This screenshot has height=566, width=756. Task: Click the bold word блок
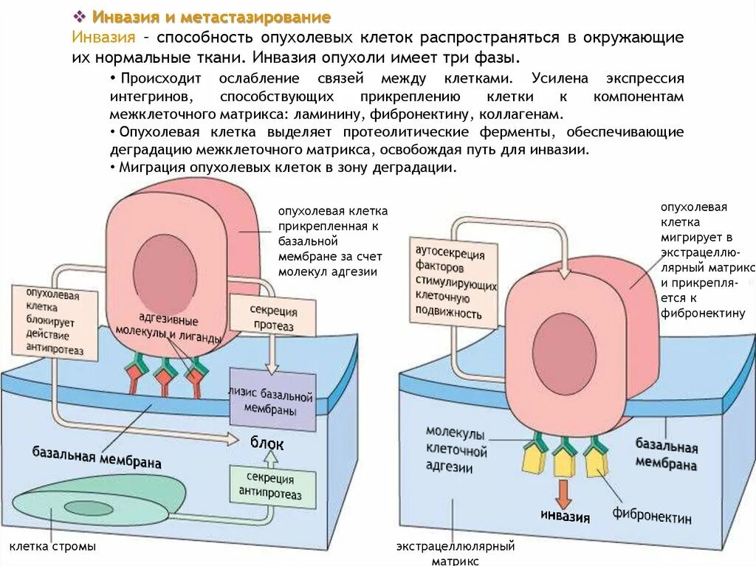[267, 444]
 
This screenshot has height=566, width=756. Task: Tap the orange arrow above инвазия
[564, 492]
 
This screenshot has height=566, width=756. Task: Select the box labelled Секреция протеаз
[273, 318]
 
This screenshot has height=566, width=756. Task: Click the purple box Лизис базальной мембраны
[272, 400]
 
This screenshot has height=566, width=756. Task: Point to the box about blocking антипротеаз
[55, 323]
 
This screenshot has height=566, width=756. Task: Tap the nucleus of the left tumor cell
[165, 275]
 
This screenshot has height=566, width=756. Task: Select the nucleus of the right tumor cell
[564, 348]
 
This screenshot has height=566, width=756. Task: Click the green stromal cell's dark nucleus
[89, 508]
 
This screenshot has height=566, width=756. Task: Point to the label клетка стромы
[52, 547]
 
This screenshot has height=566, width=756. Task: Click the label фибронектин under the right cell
[651, 516]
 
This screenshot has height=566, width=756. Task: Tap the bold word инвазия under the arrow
[565, 516]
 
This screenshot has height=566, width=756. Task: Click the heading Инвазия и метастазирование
[211, 17]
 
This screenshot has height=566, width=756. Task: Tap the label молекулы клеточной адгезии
[456, 449]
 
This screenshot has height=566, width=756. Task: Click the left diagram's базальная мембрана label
[97, 456]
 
